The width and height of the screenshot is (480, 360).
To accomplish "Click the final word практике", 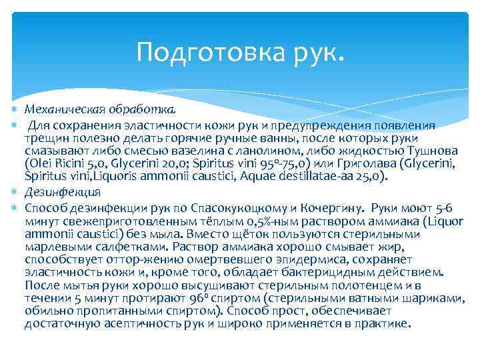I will click(382, 325).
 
